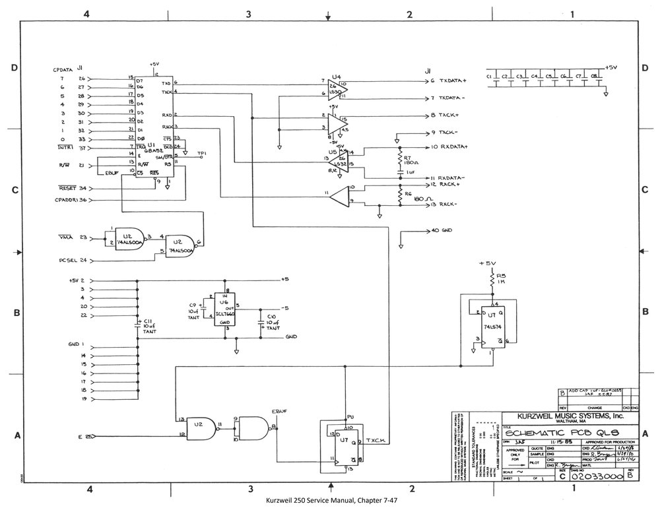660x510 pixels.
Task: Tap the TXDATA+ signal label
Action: point(451,80)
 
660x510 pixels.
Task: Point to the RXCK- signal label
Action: point(450,205)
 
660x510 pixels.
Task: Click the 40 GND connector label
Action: point(442,231)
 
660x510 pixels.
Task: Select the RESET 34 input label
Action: point(73,188)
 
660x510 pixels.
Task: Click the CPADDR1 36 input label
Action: point(71,200)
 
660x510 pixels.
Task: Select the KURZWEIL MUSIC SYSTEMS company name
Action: point(570,418)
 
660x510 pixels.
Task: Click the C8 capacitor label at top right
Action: point(594,77)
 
